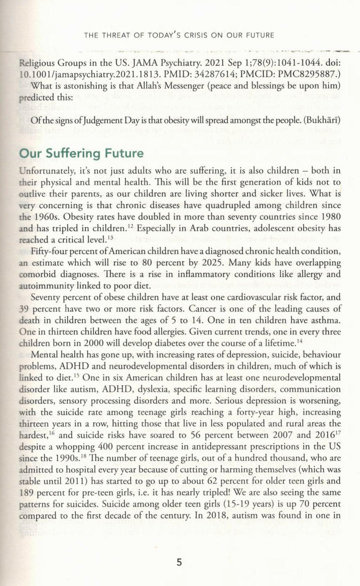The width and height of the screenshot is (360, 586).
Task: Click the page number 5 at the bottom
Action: coord(179,562)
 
